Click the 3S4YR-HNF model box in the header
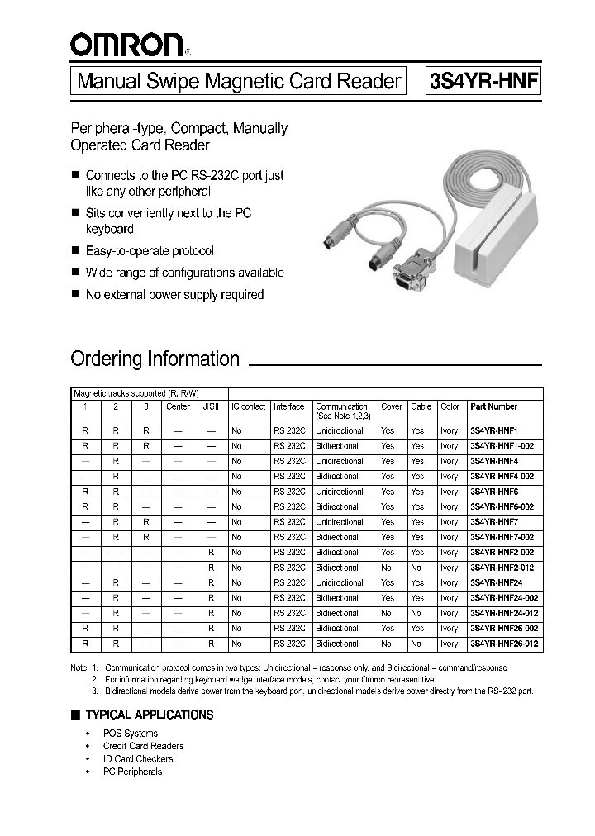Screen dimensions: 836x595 [x=483, y=82]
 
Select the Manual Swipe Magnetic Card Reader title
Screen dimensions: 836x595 [x=239, y=82]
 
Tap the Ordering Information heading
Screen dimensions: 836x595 [x=155, y=359]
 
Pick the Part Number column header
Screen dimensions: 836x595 [x=493, y=406]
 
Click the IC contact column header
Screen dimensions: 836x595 [x=248, y=406]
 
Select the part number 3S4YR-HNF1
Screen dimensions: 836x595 [x=493, y=431]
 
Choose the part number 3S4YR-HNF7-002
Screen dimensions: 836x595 [x=502, y=537]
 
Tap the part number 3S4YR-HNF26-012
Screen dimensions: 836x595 [x=504, y=644]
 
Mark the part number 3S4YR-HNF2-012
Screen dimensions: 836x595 [x=502, y=568]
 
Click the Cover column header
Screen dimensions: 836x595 [x=391, y=406]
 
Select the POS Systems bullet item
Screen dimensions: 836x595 [x=130, y=734]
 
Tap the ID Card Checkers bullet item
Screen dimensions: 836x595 [x=138, y=758]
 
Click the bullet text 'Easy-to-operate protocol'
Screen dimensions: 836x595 [x=150, y=251]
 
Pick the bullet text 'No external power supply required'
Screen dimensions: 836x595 [x=174, y=295]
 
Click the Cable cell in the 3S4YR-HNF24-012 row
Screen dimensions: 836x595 [x=416, y=613]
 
